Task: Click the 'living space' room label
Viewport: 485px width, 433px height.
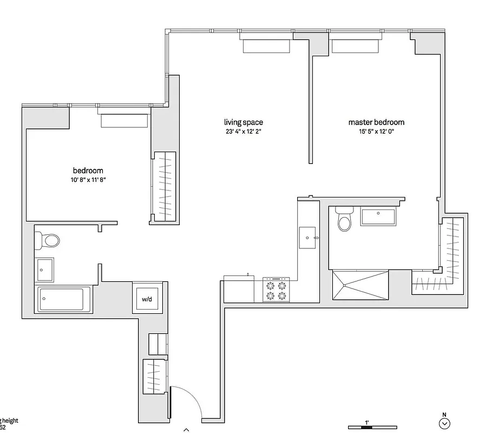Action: tap(244, 122)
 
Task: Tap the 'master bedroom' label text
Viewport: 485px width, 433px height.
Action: tap(376, 122)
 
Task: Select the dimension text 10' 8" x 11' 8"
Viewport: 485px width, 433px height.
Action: tap(88, 180)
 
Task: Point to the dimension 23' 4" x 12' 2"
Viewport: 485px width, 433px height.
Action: tap(244, 132)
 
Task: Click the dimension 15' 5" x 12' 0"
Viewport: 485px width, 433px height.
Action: tap(376, 132)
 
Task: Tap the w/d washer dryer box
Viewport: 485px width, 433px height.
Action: tap(147, 298)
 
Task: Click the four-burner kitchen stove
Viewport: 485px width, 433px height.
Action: tap(276, 290)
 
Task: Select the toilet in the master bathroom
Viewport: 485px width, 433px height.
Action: tap(344, 219)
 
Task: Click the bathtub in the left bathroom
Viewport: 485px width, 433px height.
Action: tap(64, 299)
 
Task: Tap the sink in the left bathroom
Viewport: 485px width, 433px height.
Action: tap(45, 270)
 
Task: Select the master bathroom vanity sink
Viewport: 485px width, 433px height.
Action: tap(378, 218)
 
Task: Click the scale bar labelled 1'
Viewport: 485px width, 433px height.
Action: tap(368, 427)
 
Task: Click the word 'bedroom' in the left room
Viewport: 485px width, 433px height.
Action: tap(88, 171)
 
